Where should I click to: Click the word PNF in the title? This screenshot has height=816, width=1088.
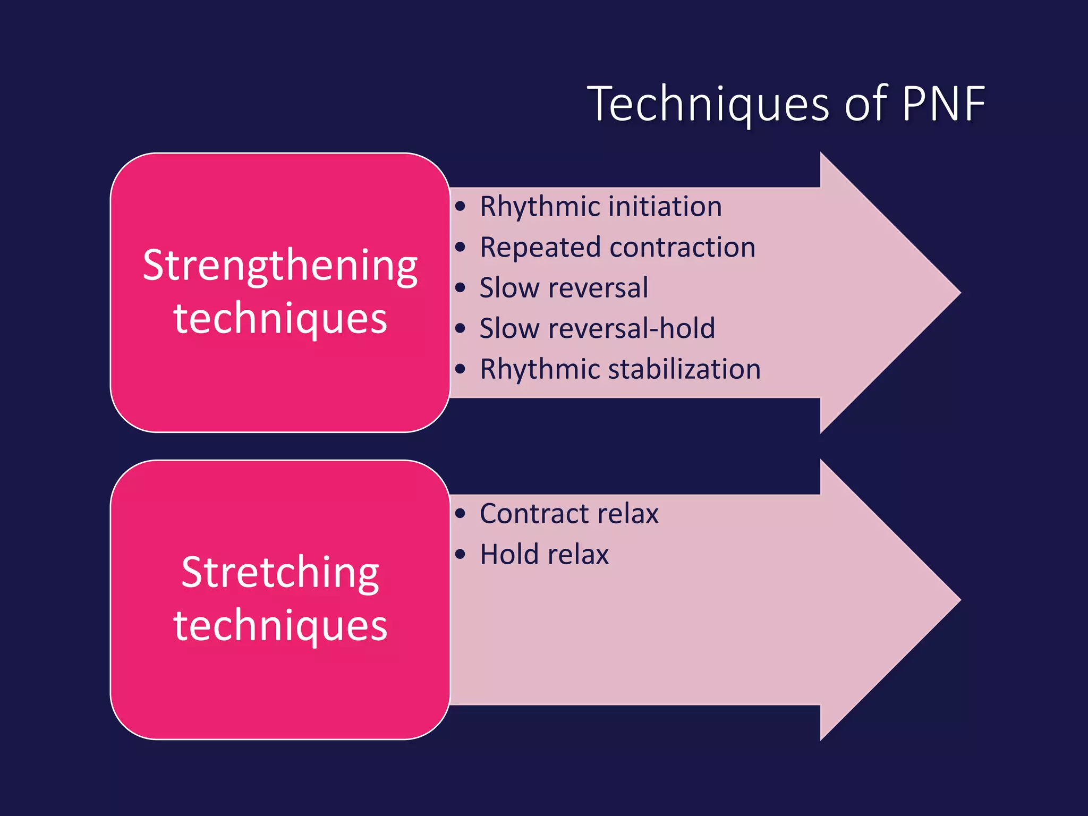click(x=943, y=104)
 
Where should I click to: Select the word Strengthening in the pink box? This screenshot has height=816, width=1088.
click(x=280, y=266)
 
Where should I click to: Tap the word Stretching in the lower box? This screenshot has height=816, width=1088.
click(x=280, y=573)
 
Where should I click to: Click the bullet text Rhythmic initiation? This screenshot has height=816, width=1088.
click(x=600, y=206)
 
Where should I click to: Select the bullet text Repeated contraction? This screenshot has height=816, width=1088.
click(x=617, y=247)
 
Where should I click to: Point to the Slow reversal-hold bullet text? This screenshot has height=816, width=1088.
click(x=597, y=328)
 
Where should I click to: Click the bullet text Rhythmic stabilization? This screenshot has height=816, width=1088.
click(x=620, y=369)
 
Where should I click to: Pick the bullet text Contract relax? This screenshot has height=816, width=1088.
click(x=568, y=514)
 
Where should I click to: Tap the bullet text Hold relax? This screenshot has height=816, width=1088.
click(x=544, y=555)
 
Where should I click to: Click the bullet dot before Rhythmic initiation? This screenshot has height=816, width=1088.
click(x=460, y=206)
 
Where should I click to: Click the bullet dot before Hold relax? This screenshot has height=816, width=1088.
click(x=460, y=555)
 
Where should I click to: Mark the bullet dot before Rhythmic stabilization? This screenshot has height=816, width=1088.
click(x=460, y=369)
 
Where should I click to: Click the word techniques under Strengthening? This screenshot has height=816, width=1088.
click(x=280, y=319)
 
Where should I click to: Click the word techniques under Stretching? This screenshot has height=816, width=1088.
click(x=280, y=626)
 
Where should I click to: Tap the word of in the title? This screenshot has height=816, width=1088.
click(x=866, y=104)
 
